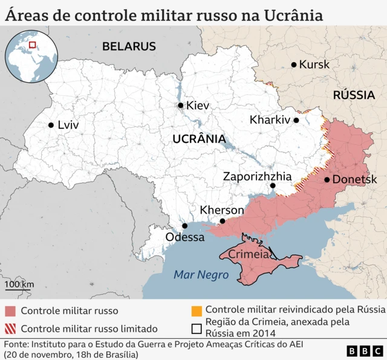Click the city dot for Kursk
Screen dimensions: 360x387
point(294,65)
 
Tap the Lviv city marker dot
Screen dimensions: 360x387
point(51,126)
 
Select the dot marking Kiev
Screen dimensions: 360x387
point(180,106)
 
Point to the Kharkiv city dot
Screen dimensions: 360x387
point(296,120)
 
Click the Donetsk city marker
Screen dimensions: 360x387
point(327,179)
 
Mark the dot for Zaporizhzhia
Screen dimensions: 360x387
point(273,186)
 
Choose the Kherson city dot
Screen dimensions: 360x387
point(223,221)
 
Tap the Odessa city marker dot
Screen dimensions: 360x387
point(185,226)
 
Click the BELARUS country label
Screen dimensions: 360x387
point(129,47)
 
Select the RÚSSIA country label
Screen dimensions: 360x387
point(354,95)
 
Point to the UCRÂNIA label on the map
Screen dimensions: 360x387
point(199,139)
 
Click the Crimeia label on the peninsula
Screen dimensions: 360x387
point(249,255)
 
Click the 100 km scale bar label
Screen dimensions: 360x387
point(19,284)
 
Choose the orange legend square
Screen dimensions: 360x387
point(196,310)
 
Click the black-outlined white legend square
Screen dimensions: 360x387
point(196,329)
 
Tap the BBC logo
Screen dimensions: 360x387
point(365,350)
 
